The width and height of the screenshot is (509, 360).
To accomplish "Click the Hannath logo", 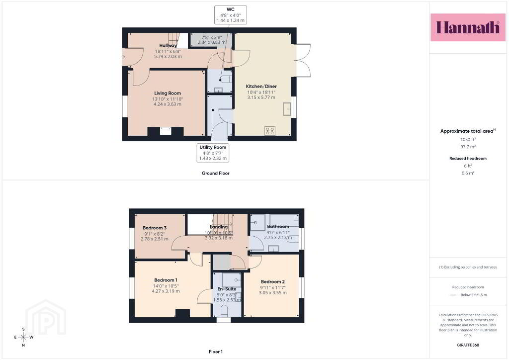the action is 468,27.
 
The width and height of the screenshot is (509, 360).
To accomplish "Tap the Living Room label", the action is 168,93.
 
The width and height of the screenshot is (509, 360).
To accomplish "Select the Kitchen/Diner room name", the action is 261,87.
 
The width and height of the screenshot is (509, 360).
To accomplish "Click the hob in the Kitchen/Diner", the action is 270,130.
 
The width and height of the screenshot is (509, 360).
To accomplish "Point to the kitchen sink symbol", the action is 287,109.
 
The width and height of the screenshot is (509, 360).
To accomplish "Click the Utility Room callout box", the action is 213,153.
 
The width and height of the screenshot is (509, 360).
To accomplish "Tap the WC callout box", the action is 231,15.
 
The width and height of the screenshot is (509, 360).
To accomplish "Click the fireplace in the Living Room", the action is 166,131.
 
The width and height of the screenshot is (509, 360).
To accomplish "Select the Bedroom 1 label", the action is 166,280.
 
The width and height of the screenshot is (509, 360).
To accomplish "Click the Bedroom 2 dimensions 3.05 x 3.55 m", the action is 273,293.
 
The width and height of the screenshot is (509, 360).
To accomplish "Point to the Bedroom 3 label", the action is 155,228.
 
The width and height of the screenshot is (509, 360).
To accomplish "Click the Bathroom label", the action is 278,227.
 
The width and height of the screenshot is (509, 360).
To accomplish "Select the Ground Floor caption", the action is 216,174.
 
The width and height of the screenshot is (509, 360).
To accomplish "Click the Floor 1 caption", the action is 216,352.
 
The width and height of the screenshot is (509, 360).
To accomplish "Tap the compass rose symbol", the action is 23,337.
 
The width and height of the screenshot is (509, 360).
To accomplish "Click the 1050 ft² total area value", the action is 468,140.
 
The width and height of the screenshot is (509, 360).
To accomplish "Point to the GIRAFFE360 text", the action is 468,345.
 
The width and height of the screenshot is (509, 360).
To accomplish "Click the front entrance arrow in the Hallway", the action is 123,57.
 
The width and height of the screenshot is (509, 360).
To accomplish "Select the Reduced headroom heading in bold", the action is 468,159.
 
